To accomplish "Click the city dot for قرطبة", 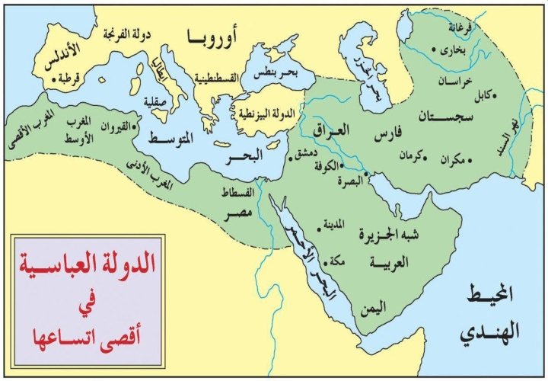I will (x=53, y=79).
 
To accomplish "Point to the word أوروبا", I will (x=214, y=37).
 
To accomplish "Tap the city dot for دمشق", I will (x=290, y=159).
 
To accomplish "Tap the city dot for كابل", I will (x=487, y=95).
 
